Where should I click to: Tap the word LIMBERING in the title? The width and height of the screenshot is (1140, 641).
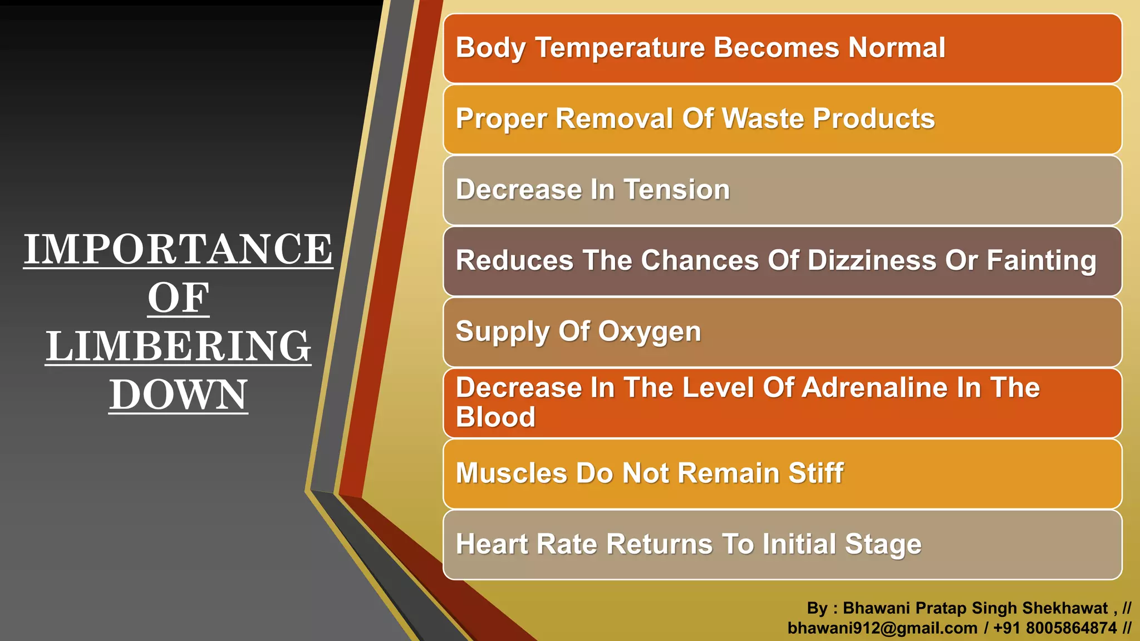point(178,346)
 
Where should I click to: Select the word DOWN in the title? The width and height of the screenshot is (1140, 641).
point(178,395)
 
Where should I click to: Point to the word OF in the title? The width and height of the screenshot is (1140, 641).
point(178,298)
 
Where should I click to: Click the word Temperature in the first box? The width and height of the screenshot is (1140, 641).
point(620,48)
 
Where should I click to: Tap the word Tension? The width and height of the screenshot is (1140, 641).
point(676,190)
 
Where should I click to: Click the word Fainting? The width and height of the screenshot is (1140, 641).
point(1041,262)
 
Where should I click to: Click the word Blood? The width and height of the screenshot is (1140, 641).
point(495,417)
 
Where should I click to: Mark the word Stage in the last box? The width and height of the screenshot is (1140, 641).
point(883,545)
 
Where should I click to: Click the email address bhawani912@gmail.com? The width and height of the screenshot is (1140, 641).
point(882,628)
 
